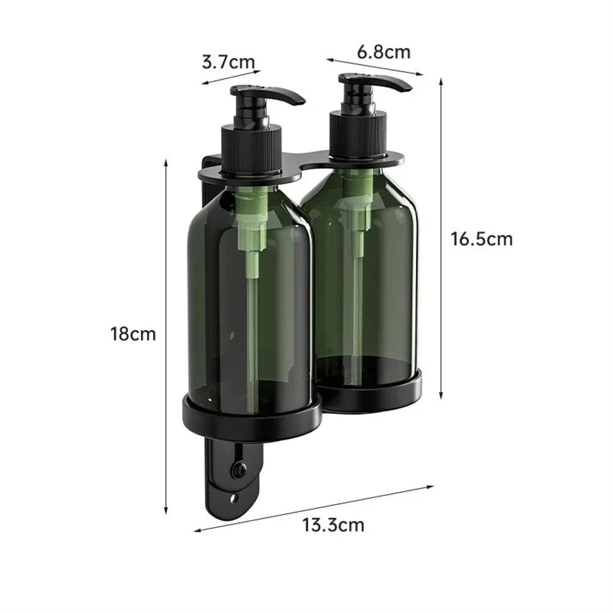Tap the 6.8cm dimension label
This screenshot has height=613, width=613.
coord(384,52)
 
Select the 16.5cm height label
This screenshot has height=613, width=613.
coord(481,238)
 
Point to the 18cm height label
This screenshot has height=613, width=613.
coord(133,334)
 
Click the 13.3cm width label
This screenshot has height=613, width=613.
coord(333,525)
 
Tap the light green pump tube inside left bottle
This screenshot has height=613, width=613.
coord(252,276)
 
